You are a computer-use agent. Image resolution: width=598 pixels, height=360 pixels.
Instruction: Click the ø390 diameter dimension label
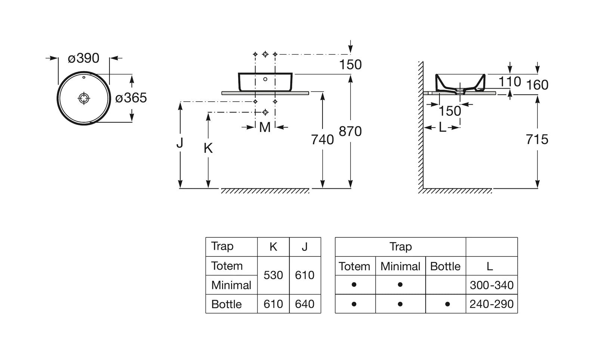click(83, 58)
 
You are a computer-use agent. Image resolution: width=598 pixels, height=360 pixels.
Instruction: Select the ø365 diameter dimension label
click(131, 98)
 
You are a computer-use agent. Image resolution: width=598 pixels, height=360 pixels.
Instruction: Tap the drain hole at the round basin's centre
click(84, 98)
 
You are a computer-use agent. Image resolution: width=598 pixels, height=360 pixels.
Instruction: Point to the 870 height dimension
click(350, 132)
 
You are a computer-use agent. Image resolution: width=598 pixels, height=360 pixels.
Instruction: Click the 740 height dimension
click(322, 140)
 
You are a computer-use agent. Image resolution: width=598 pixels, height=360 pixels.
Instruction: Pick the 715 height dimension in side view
click(537, 139)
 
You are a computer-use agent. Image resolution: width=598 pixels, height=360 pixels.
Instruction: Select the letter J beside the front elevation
click(180, 142)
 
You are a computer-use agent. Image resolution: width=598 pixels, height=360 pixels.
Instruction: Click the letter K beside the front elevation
click(208, 148)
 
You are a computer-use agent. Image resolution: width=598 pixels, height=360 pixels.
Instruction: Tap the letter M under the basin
click(265, 127)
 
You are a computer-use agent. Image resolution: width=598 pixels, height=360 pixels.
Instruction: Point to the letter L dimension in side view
click(442, 128)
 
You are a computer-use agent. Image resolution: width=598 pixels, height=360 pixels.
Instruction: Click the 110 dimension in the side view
click(509, 81)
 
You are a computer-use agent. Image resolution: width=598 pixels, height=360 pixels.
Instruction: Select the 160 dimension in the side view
click(537, 85)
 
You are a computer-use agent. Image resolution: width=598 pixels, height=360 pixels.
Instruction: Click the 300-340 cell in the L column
click(491, 285)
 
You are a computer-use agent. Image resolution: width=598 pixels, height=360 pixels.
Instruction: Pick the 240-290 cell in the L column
click(491, 304)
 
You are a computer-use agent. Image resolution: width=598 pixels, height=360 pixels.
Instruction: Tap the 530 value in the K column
click(273, 275)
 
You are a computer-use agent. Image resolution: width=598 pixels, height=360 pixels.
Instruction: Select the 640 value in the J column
click(305, 304)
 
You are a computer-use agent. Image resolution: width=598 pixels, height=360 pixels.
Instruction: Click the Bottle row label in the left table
click(226, 304)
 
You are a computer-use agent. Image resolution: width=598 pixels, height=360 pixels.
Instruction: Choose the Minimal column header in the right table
click(400, 267)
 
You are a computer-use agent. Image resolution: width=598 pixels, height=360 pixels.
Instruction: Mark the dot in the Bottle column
click(447, 304)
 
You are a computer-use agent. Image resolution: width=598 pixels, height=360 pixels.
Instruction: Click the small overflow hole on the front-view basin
click(265, 79)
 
